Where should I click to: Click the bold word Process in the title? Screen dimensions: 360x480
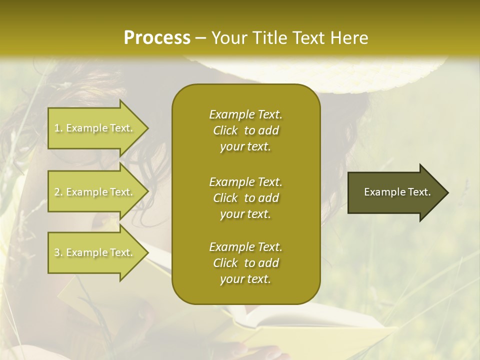click(x=157, y=38)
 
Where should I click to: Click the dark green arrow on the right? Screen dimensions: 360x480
click(x=395, y=192)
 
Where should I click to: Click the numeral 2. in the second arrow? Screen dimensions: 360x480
click(x=59, y=192)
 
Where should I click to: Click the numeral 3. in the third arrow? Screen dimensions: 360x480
click(x=59, y=252)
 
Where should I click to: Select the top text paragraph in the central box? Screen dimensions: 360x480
click(x=245, y=130)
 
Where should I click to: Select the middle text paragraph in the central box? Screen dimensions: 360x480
click(x=245, y=198)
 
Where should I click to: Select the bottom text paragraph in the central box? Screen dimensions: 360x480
click(x=245, y=263)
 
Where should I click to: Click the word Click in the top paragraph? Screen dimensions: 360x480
click(x=225, y=130)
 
